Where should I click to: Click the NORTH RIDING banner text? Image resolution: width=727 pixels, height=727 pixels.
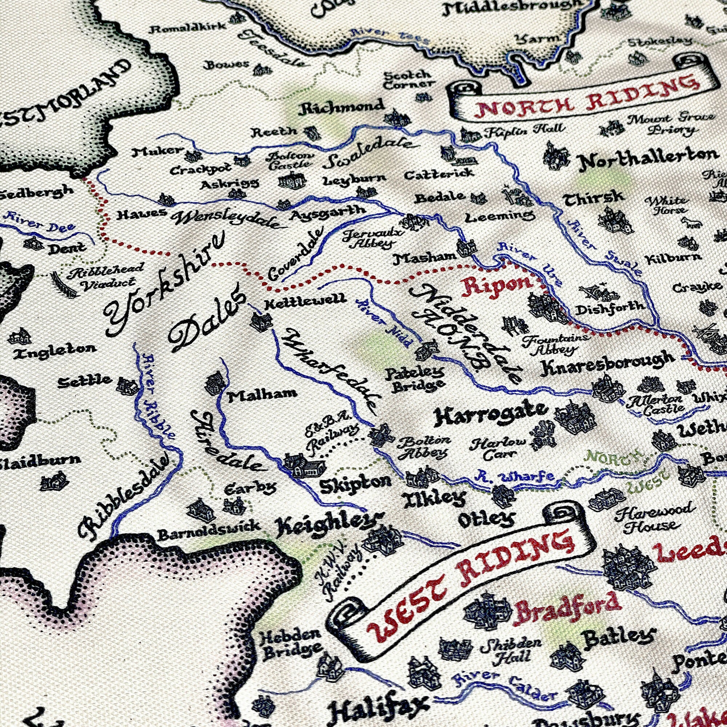coord(587,97)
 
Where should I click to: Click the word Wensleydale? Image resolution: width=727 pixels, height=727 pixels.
coord(226,221)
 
